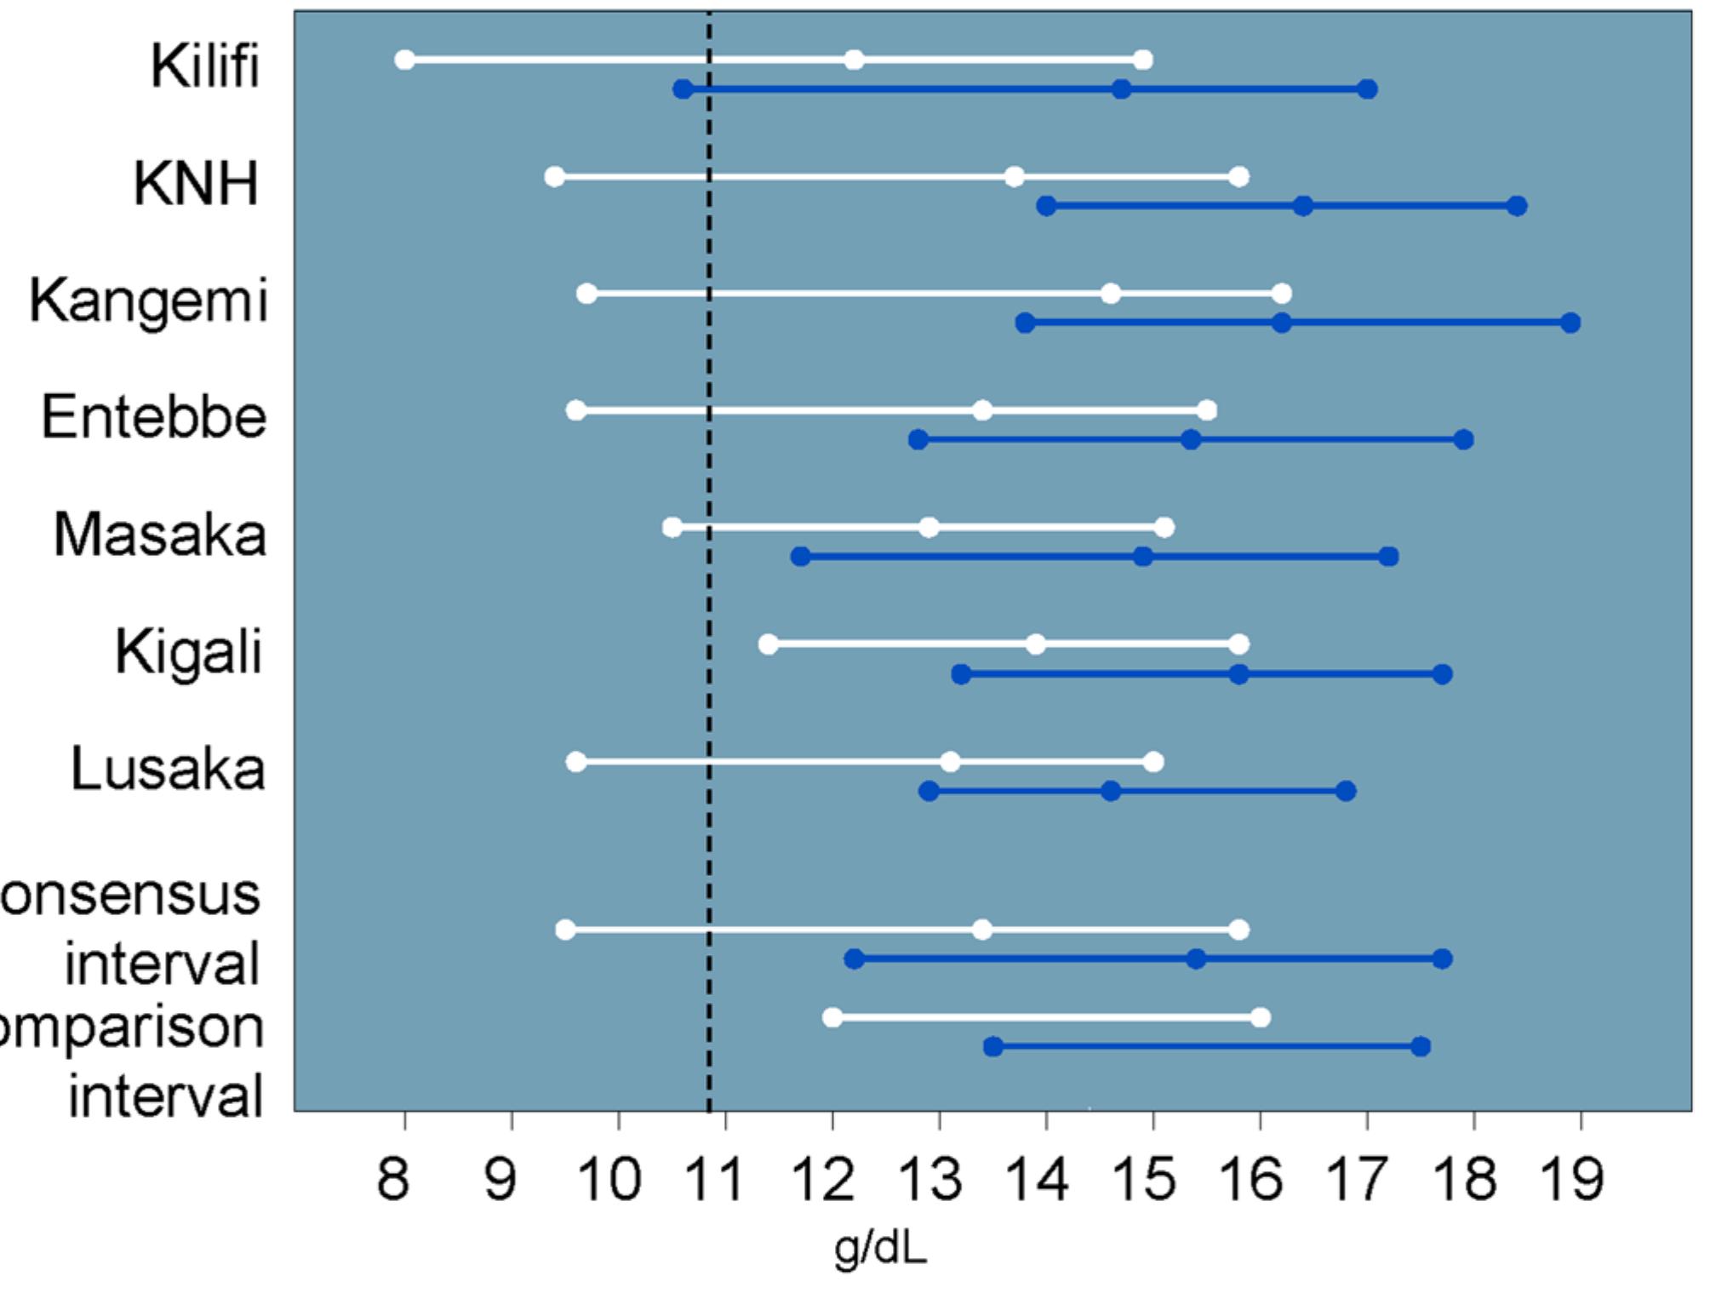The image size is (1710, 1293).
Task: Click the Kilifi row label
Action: [204, 66]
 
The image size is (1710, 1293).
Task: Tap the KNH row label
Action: [196, 183]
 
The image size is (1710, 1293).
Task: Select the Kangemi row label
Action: [149, 300]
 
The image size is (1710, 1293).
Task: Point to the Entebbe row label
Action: [154, 417]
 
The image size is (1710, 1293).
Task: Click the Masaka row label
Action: [160, 535]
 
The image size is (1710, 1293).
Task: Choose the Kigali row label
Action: [188, 652]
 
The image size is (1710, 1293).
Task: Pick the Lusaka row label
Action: [168, 769]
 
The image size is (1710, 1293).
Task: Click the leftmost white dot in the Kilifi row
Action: [405, 60]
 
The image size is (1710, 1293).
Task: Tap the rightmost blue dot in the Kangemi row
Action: [1570, 323]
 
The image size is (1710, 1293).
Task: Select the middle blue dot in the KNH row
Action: [1302, 206]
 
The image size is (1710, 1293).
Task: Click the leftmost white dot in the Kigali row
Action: [768, 644]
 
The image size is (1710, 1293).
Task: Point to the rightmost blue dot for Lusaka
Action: [1346, 792]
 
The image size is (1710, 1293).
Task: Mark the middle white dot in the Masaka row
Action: [929, 528]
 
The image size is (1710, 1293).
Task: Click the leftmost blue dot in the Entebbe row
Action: [918, 440]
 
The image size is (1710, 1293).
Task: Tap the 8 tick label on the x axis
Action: [393, 1180]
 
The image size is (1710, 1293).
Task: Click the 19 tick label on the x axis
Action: [1571, 1180]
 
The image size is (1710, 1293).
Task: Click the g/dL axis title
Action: [879, 1249]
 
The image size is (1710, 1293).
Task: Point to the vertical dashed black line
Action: [709, 596]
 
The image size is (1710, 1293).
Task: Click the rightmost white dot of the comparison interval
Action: [1261, 1017]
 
